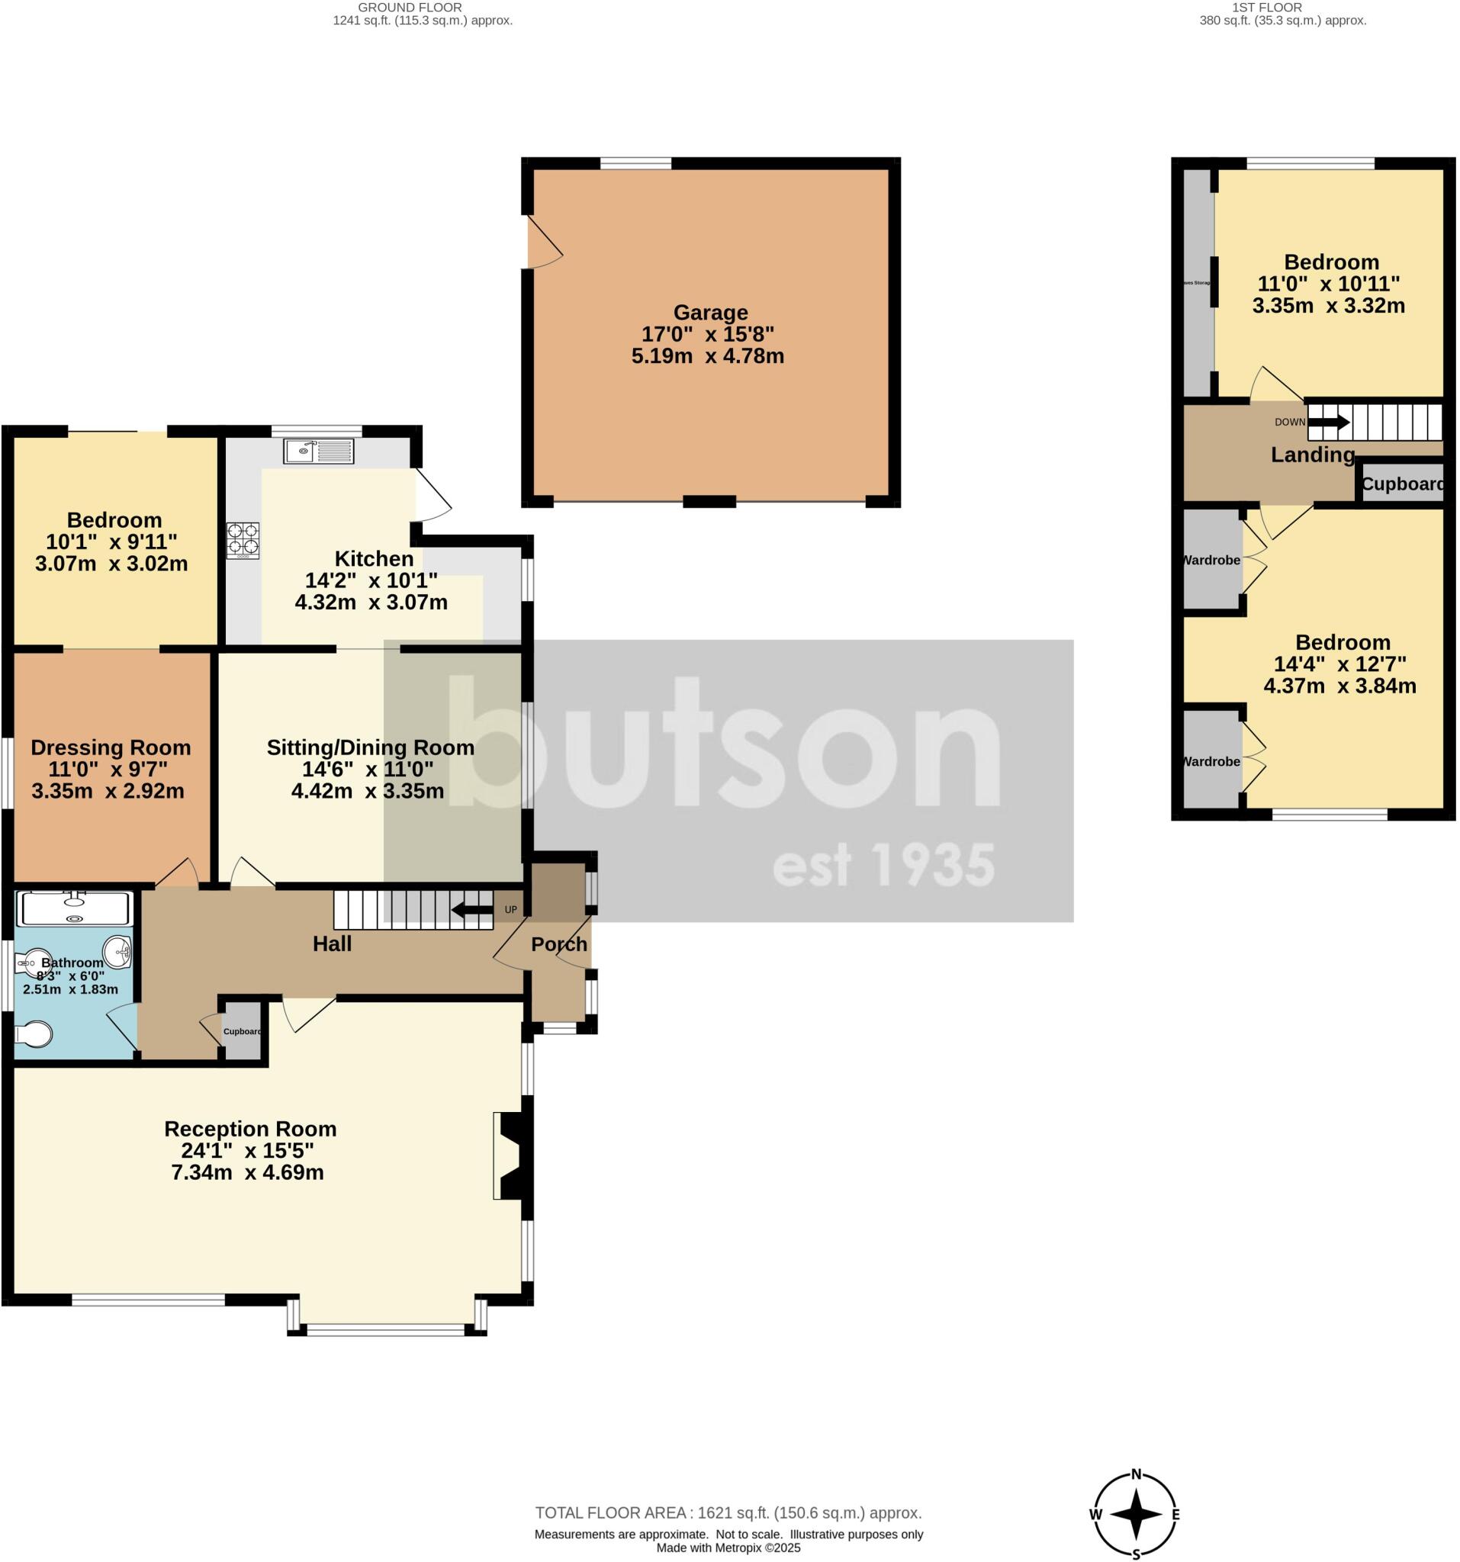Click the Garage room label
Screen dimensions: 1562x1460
709,313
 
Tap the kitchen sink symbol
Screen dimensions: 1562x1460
319,451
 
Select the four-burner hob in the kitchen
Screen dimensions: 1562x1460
243,541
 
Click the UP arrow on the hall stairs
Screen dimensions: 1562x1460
473,910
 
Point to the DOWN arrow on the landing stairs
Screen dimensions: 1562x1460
1329,422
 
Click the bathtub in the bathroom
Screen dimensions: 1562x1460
74,908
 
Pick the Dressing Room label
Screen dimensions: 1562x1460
111,747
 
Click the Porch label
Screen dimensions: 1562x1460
558,943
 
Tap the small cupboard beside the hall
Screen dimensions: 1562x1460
243,1031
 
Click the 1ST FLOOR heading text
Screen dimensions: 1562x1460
1267,7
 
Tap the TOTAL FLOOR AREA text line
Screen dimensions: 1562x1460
728,1512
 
